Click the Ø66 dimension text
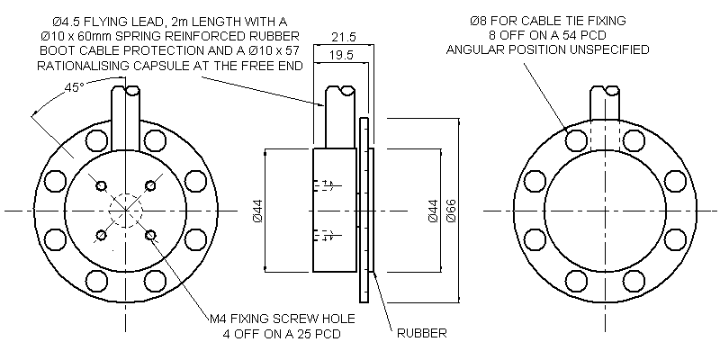[x=452, y=211]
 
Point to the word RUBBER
[x=422, y=333]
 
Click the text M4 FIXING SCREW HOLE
[x=282, y=319]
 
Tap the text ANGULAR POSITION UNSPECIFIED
[x=548, y=49]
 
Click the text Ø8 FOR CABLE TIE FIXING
[x=548, y=20]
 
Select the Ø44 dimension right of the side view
[x=433, y=211]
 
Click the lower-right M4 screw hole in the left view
[x=150, y=236]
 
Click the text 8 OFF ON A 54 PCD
[x=548, y=34]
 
